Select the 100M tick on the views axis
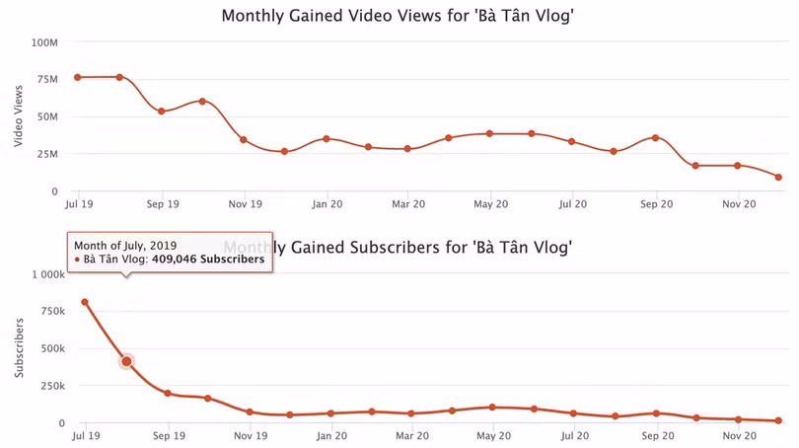(44, 42)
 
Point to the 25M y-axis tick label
(46, 154)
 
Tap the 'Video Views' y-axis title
(18, 116)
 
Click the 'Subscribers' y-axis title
(18, 348)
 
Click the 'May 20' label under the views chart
(490, 204)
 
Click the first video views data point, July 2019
(78, 77)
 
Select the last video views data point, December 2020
(778, 178)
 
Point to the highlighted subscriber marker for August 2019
(126, 361)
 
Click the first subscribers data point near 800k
(85, 302)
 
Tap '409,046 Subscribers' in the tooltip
(207, 260)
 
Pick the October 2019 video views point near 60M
(202, 101)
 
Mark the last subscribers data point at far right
(778, 420)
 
